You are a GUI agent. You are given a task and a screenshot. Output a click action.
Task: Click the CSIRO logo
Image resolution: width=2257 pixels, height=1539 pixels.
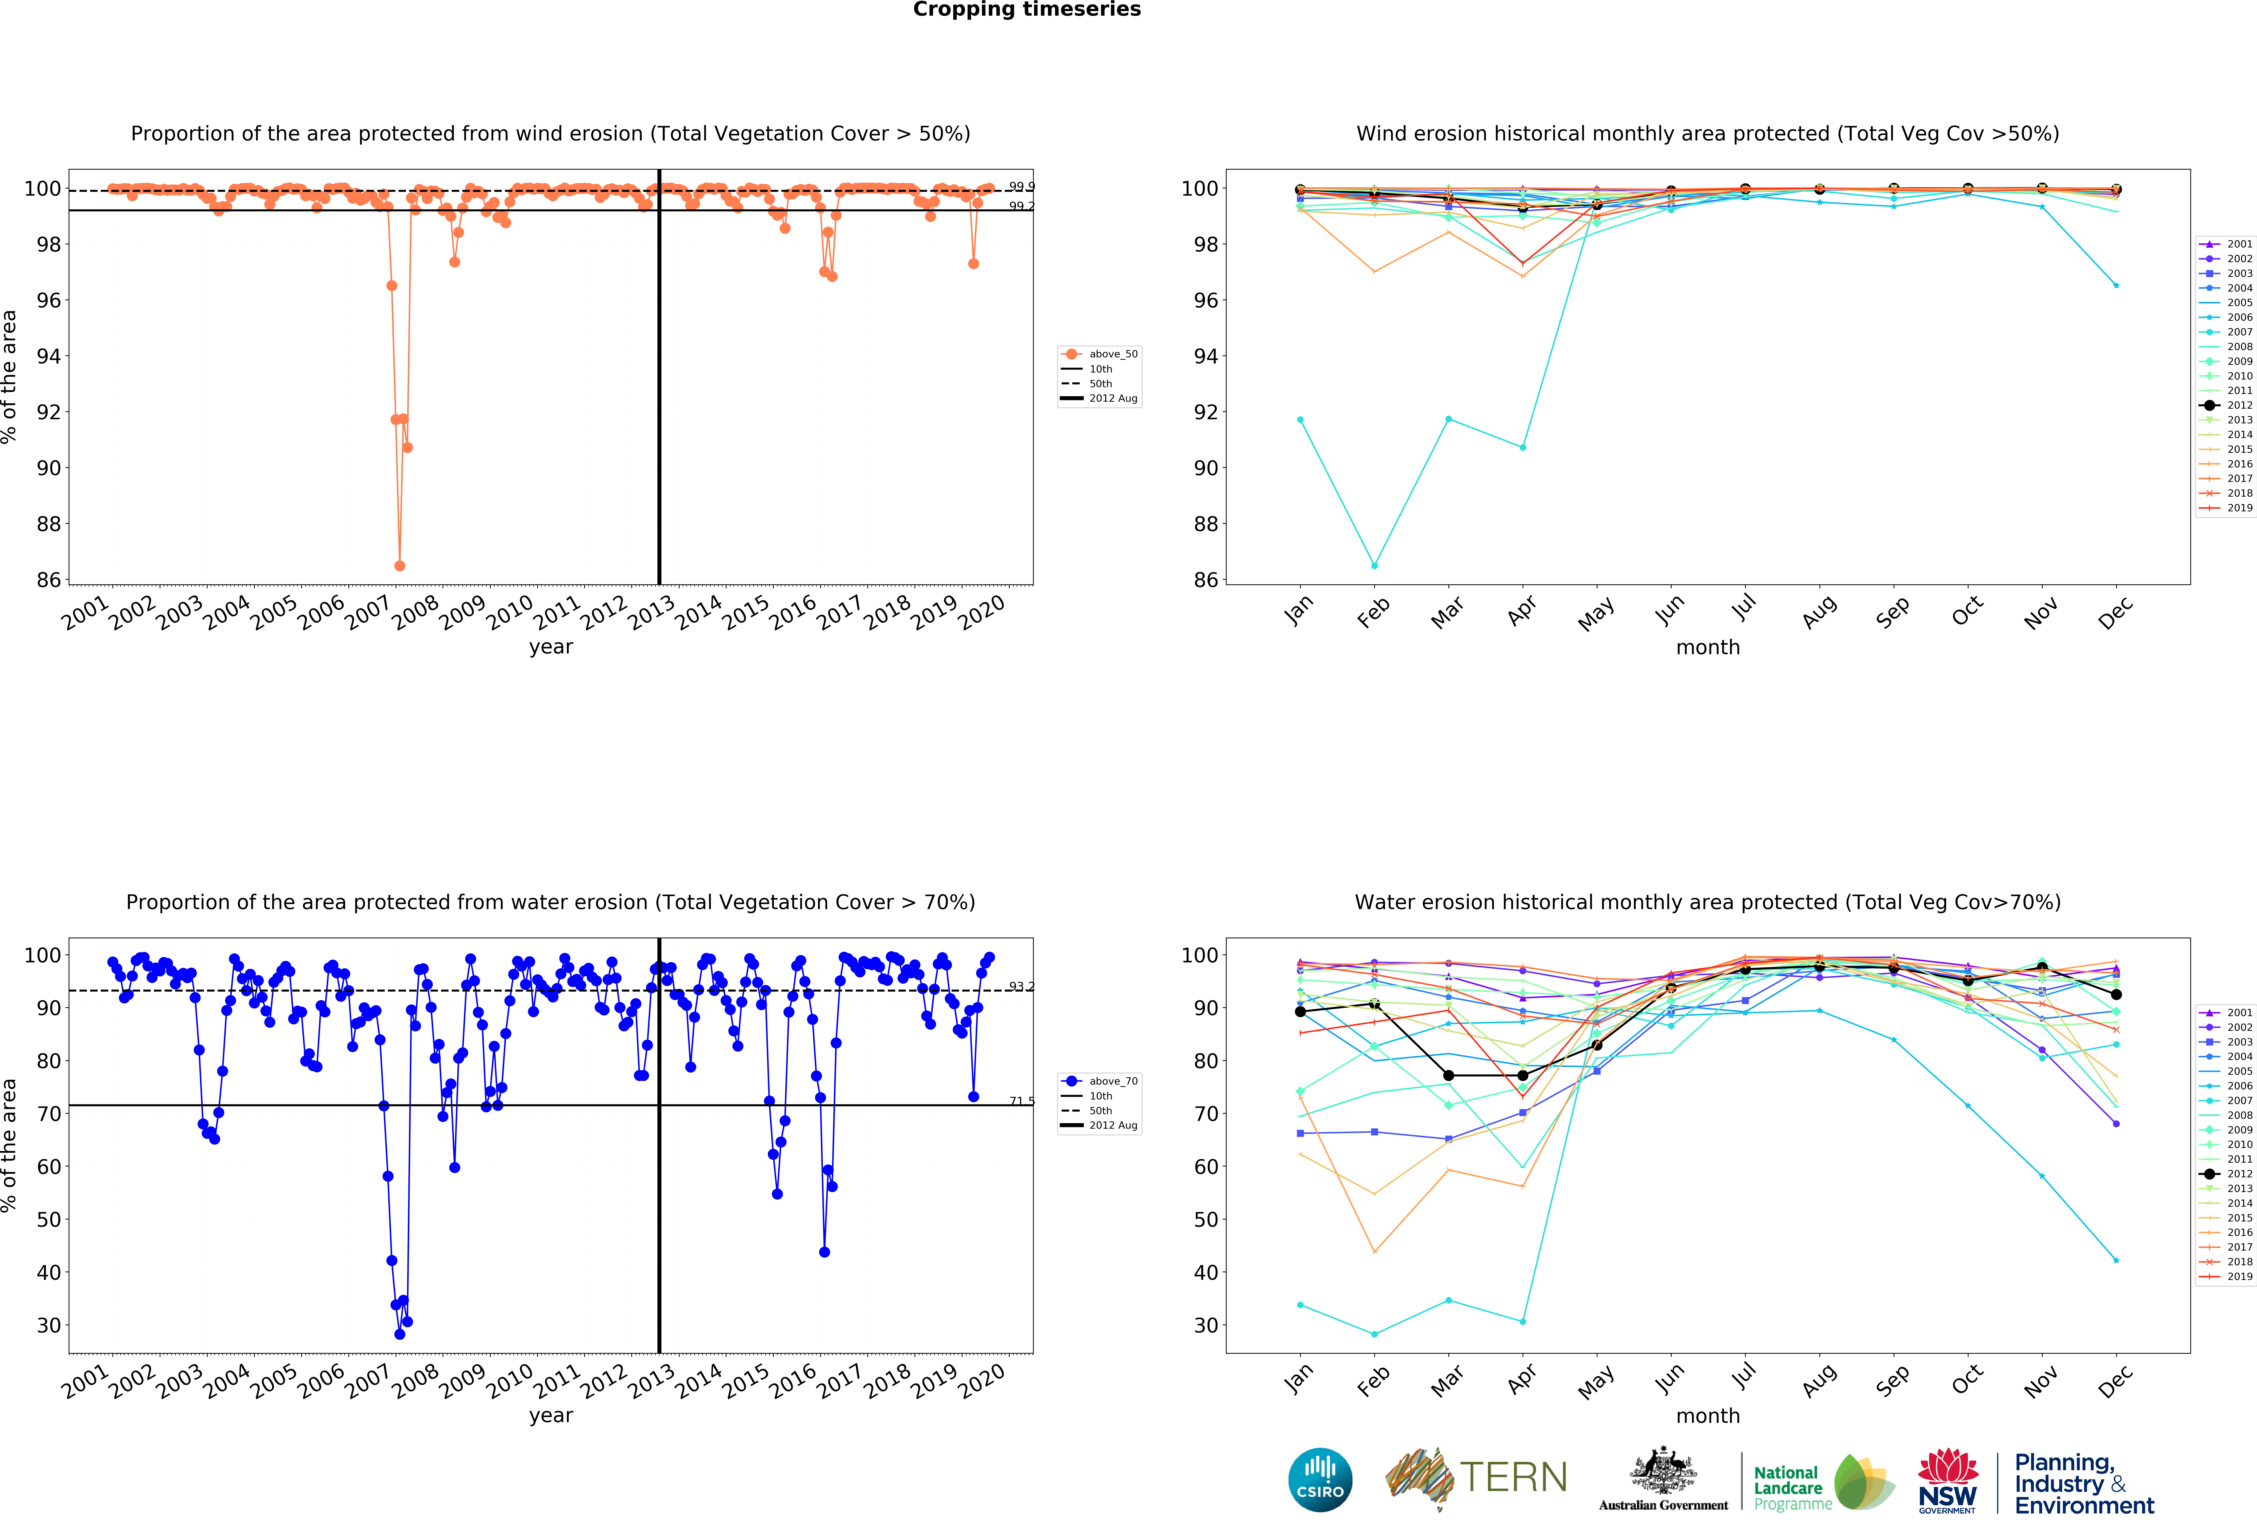coord(1320,1480)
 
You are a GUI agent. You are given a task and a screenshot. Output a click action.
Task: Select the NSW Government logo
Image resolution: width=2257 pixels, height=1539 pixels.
coord(1947,1482)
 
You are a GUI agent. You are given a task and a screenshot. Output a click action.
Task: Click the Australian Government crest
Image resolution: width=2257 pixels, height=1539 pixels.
coord(1664,1472)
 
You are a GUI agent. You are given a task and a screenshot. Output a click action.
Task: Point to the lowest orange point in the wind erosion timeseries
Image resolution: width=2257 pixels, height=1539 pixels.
coord(399,566)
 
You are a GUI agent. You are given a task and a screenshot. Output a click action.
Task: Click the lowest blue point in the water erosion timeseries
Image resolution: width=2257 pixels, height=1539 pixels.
coord(399,1334)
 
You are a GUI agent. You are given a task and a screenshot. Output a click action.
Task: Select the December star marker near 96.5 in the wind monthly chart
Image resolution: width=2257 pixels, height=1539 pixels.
coord(2116,286)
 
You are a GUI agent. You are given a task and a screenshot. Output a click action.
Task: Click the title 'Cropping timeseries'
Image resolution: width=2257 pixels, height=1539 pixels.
coord(1027,10)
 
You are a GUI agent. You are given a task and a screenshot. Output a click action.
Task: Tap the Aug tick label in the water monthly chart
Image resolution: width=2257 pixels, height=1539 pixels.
coord(1819,1380)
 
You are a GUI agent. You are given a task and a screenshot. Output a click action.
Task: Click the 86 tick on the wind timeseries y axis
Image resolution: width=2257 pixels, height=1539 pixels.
coord(49,580)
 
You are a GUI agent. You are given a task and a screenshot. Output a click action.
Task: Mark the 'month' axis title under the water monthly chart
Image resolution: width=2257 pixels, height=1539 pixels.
coord(1707,1416)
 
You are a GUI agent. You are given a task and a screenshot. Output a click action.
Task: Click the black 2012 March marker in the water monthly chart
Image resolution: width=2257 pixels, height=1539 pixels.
coord(1448,1076)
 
